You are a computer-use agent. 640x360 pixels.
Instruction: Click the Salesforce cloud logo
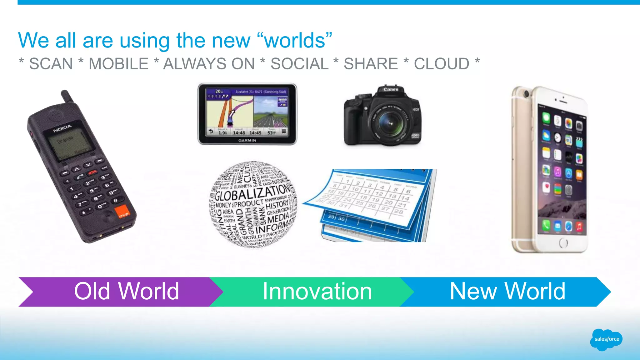[x=606, y=339]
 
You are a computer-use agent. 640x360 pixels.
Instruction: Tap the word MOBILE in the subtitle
[x=118, y=64]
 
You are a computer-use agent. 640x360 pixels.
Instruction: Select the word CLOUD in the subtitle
[x=441, y=64]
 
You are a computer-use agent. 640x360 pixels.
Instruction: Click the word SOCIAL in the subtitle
[x=299, y=64]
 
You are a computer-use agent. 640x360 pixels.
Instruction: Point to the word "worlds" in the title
[x=295, y=41]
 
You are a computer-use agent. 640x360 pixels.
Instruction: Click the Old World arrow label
[x=127, y=292]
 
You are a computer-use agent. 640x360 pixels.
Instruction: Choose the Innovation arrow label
[x=317, y=292]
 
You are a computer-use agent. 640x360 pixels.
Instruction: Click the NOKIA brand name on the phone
[x=62, y=128]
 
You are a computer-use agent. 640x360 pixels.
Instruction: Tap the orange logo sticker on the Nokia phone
[x=123, y=212]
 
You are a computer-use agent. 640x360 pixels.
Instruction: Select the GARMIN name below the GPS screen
[x=247, y=141]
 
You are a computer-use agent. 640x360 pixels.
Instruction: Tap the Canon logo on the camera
[x=391, y=89]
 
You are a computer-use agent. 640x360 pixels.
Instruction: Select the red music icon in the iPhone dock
[x=579, y=227]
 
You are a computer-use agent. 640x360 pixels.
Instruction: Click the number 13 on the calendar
[x=392, y=196]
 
